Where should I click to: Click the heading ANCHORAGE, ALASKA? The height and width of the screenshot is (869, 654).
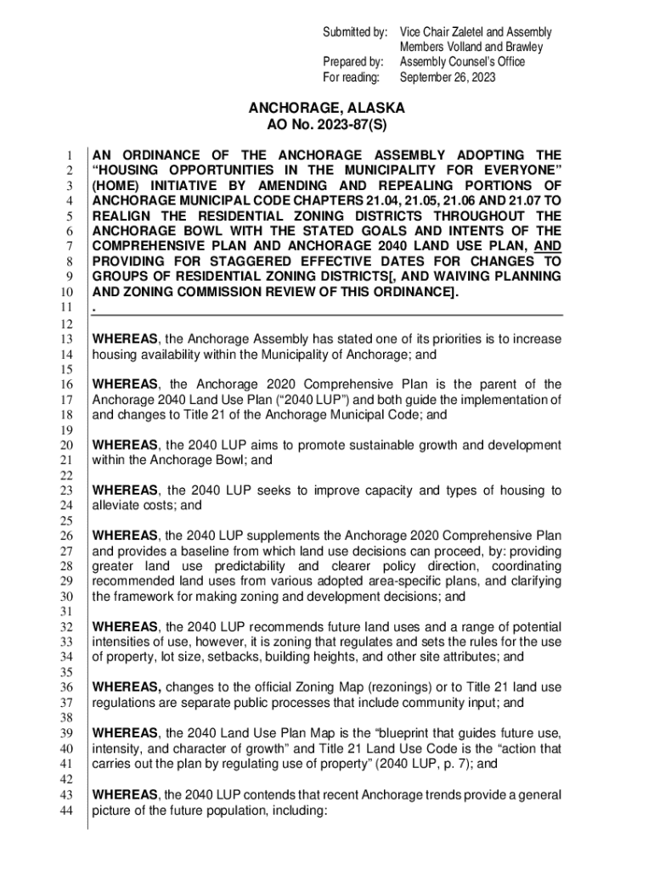326,109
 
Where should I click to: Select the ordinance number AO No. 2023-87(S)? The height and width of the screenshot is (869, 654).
326,125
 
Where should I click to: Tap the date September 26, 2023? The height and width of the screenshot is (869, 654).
450,78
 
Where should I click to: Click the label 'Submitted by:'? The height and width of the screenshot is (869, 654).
353,32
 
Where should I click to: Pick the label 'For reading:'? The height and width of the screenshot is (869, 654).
355,78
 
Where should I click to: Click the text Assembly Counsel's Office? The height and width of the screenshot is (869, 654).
463,62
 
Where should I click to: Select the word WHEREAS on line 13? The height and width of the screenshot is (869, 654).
125,339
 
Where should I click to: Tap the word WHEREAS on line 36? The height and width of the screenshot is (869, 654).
126,687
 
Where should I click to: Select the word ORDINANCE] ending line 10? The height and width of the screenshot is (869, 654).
406,293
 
